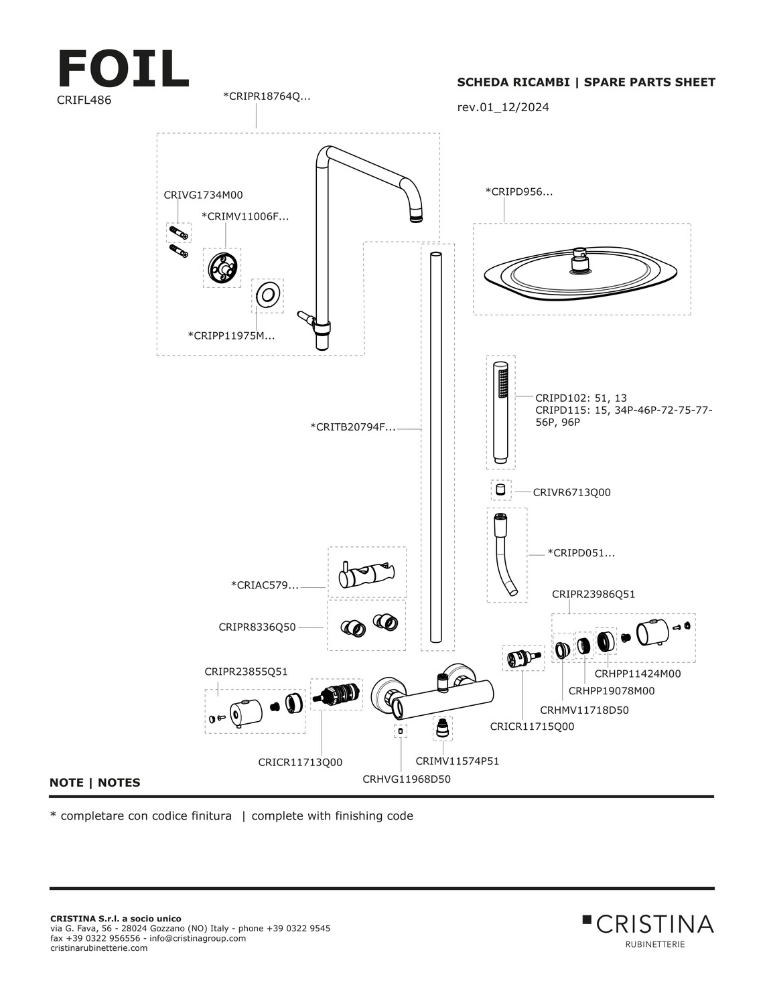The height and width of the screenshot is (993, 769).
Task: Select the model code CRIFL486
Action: click(x=84, y=100)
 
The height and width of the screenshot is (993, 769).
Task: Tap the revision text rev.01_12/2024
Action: click(x=502, y=107)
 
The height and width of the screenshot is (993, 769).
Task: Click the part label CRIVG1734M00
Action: click(x=203, y=196)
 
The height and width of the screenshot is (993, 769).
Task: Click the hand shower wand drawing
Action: click(x=500, y=412)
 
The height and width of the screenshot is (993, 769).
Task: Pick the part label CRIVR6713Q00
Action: click(x=571, y=492)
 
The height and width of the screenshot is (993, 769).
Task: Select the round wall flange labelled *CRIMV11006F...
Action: click(x=222, y=268)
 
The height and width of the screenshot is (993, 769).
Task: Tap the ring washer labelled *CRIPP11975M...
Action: click(x=267, y=295)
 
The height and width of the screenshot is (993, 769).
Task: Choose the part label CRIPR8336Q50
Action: click(x=257, y=627)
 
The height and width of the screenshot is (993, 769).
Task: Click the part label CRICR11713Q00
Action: click(x=300, y=762)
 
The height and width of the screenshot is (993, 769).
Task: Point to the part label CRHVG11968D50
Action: click(x=407, y=779)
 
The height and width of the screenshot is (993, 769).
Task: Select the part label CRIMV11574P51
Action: click(x=457, y=761)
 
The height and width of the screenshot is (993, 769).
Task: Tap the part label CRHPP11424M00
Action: click(x=637, y=674)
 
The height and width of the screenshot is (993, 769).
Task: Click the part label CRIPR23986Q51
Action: click(x=593, y=594)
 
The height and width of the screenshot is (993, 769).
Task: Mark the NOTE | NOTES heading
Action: click(x=95, y=783)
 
